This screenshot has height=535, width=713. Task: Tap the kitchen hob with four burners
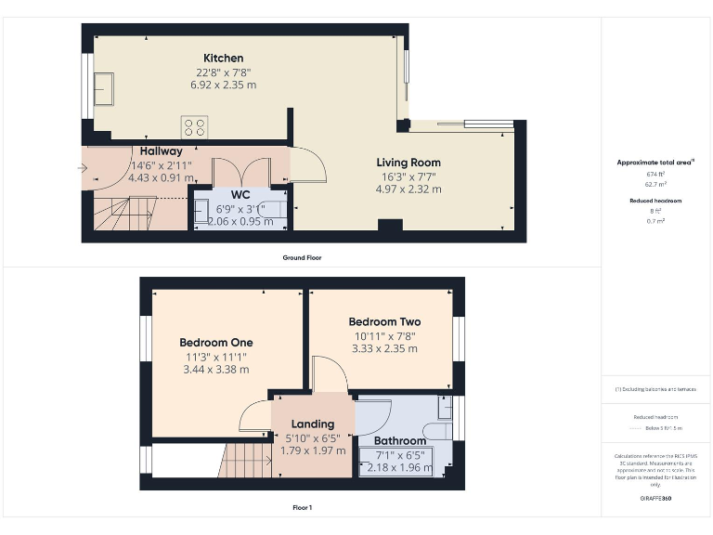pos(195,127)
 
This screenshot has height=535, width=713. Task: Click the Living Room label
pos(408,163)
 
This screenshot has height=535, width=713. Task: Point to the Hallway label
pos(162,151)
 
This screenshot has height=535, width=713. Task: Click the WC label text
pos(240,195)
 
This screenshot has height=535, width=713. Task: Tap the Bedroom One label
pos(215,343)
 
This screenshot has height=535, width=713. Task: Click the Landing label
pos(313,424)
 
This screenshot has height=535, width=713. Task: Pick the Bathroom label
pos(400,440)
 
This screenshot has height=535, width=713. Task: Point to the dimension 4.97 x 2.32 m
pos(408,189)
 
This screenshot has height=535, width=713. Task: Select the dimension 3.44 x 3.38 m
pos(215,369)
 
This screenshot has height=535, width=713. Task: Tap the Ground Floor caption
pos(302,257)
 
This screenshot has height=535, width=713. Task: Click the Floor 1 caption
pos(302,507)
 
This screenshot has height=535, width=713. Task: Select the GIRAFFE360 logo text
pos(656,499)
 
